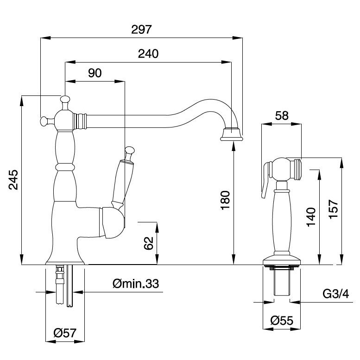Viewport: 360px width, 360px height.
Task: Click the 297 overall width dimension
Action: [x=142, y=30]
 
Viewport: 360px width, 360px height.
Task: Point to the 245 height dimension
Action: [x=14, y=180]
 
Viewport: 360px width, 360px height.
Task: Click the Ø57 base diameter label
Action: [x=64, y=332]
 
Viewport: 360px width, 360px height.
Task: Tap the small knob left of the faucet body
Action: [x=44, y=120]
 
